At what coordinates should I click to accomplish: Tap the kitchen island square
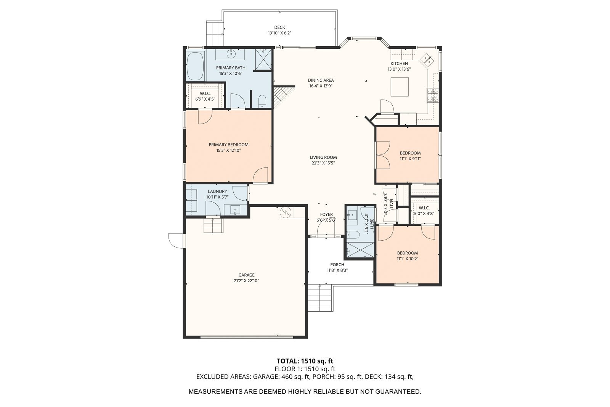(400, 87)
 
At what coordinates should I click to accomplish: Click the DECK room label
(279, 27)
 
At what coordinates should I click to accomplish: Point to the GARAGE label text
(246, 275)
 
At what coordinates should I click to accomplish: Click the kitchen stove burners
(432, 95)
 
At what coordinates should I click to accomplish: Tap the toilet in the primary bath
(262, 101)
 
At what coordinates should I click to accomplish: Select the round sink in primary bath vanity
(231, 53)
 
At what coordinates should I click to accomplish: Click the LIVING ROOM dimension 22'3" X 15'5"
(323, 163)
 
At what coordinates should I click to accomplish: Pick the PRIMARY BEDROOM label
(228, 145)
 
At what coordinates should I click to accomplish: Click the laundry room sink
(235, 210)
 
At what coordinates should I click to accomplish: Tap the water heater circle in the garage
(286, 212)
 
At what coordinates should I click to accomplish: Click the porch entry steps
(320, 298)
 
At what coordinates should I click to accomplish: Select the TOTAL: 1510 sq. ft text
(305, 361)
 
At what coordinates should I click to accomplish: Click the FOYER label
(326, 214)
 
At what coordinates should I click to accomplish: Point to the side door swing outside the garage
(177, 241)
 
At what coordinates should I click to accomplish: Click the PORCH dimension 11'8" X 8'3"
(337, 270)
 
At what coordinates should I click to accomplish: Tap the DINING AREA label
(321, 80)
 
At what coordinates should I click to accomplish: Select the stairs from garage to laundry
(213, 225)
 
